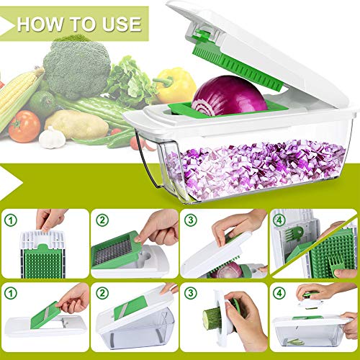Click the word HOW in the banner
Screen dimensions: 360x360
[40, 24]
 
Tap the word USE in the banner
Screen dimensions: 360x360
[122, 24]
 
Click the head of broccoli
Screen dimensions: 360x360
[76, 68]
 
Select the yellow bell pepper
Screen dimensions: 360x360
[175, 86]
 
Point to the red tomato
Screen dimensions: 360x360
[24, 126]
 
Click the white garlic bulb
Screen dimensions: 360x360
[52, 138]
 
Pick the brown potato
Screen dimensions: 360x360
[77, 125]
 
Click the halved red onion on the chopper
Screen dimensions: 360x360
[229, 96]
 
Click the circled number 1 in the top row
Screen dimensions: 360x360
[11, 220]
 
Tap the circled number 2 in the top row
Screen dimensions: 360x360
[102, 220]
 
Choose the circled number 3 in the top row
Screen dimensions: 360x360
[191, 220]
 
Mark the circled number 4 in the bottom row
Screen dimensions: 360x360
[279, 293]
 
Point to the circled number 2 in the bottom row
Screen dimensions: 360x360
[102, 293]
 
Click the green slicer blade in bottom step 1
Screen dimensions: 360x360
[45, 315]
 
